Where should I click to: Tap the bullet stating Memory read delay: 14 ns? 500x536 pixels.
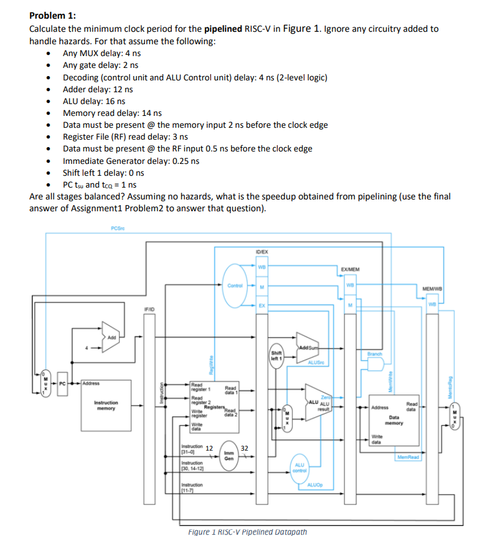coord(112,113)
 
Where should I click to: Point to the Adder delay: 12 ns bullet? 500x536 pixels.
coord(98,89)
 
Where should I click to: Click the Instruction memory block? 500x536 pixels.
coord(110,406)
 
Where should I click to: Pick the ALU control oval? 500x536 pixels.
coord(299,467)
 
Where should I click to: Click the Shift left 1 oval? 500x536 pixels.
coord(276,355)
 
